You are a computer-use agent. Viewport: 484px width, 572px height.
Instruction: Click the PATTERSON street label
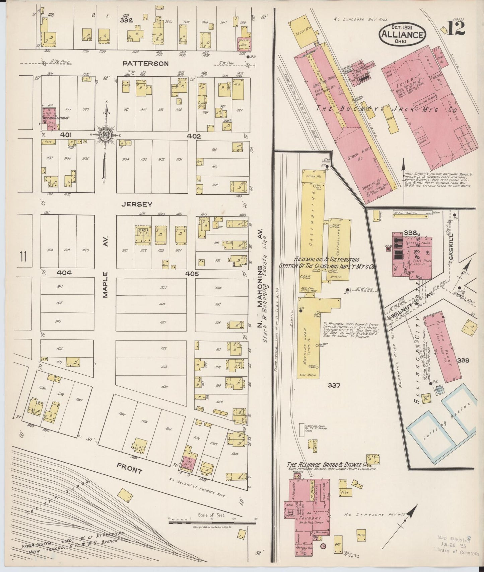click(145, 63)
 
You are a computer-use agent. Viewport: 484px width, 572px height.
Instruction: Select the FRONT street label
click(130, 470)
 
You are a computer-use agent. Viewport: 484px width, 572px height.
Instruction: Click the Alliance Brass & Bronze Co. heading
click(329, 465)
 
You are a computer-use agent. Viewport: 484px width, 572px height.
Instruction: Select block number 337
click(334, 386)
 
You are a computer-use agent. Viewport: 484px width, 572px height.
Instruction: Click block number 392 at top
click(127, 20)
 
